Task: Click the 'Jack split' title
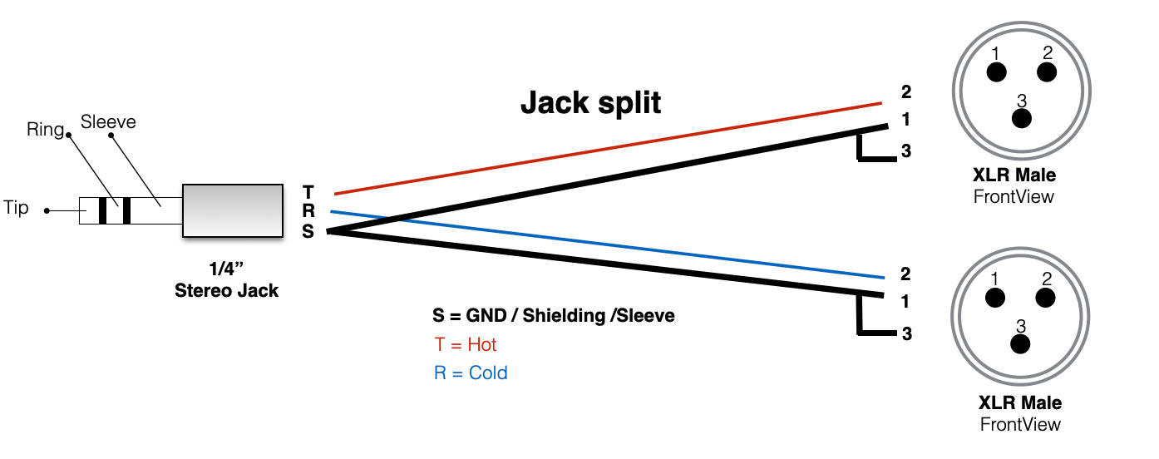coord(590,103)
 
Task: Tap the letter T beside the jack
coord(308,192)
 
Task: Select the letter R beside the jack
coord(308,212)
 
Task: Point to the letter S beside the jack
coord(308,232)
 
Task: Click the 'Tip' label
coord(17,208)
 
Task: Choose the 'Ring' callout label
coord(45,130)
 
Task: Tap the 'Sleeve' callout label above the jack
coord(108,123)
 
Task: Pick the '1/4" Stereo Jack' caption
coord(227,281)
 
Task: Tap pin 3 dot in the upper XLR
coord(1021,119)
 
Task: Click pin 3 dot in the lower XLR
coord(1020,343)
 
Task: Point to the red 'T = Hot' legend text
coord(465,344)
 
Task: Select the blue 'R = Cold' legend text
coord(470,373)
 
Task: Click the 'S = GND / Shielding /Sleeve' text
coord(553,316)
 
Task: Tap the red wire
coord(607,149)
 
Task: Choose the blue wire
coord(607,244)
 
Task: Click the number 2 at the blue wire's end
coord(905,274)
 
